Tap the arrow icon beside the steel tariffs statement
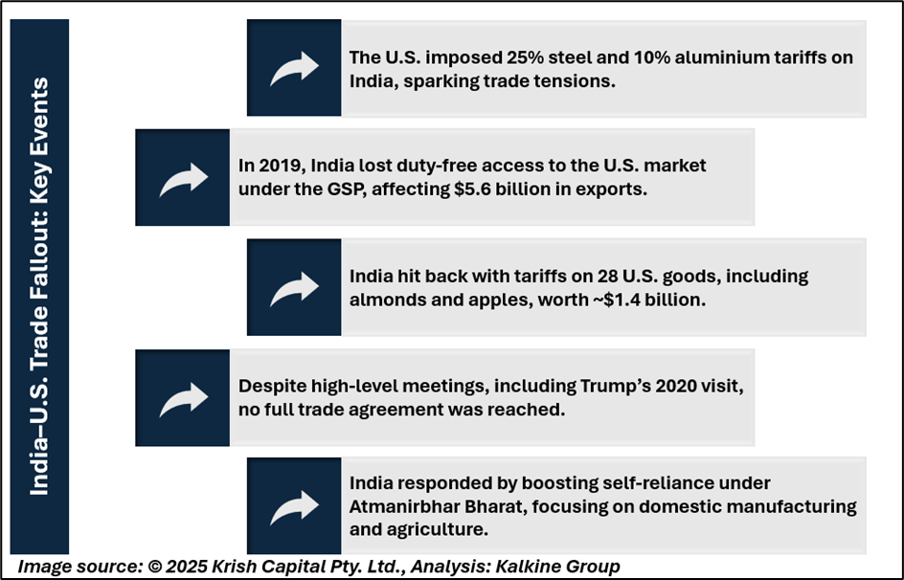coord(294,69)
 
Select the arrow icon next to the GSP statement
coord(182,178)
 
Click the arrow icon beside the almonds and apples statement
coord(294,287)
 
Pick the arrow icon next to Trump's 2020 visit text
coord(182,397)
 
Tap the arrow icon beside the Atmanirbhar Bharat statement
coord(294,506)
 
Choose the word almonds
coord(388,299)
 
